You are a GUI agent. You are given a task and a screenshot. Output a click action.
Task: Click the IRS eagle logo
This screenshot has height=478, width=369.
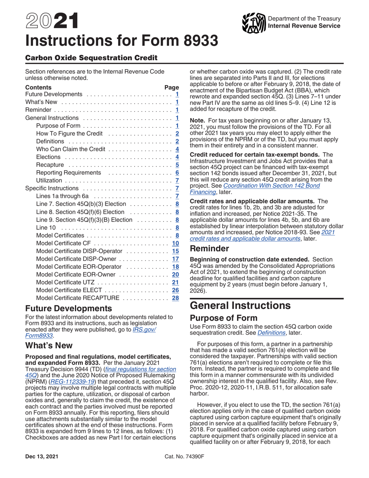click(253, 23)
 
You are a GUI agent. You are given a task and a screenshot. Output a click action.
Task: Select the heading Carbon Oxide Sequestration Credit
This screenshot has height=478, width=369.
click(91, 58)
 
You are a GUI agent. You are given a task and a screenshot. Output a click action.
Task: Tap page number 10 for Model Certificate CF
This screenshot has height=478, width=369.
click(175, 243)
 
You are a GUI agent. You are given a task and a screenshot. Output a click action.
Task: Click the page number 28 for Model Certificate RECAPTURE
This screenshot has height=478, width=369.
click(175, 298)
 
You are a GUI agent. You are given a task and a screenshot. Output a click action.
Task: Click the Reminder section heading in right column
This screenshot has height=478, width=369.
click(209, 248)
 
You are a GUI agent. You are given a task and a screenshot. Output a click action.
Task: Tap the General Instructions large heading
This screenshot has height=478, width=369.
click(240, 305)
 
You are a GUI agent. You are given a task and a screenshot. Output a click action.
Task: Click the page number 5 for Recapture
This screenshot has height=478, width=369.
click(177, 165)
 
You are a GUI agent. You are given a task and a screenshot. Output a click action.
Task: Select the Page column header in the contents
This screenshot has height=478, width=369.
click(172, 87)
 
